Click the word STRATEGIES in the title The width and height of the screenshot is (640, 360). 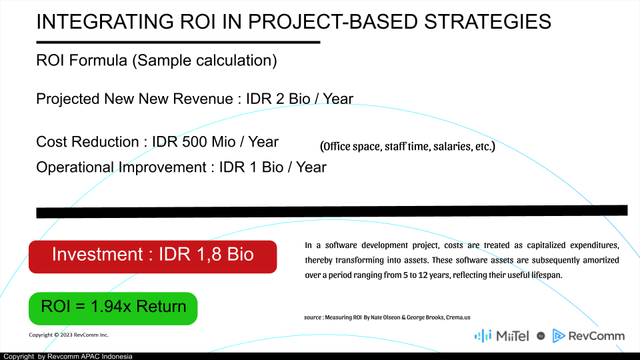click(x=488, y=21)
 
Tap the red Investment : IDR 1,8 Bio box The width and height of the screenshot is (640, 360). click(x=153, y=257)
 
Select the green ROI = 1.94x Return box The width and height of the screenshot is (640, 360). click(x=113, y=309)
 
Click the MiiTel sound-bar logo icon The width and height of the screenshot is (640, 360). click(x=483, y=336)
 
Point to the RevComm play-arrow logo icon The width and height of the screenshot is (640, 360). click(x=559, y=335)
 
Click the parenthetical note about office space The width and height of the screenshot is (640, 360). click(x=407, y=146)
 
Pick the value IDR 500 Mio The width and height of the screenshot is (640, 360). click(x=194, y=142)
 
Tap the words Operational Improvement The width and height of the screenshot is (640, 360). click(x=121, y=167)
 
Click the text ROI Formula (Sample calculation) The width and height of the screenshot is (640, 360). click(x=157, y=61)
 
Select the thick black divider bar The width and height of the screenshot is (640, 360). click(x=332, y=211)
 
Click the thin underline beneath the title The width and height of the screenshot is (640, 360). click(x=179, y=42)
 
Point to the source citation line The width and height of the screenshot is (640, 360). click(x=387, y=317)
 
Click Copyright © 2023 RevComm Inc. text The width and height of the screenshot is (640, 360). click(x=69, y=335)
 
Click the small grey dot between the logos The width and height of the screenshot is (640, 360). click(x=541, y=336)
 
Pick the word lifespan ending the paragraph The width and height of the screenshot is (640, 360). click(x=546, y=275)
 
